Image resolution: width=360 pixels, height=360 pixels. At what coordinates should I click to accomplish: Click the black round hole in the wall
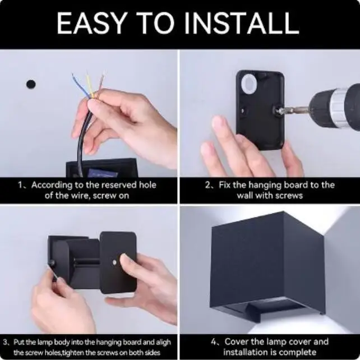point(31,84)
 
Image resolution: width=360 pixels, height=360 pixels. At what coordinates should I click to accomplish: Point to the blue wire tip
point(73,75)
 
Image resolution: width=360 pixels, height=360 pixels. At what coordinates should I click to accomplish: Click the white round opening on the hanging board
point(248,84)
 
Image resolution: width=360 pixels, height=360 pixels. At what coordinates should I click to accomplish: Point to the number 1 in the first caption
point(21,185)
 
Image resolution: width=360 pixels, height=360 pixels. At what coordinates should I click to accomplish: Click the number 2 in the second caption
point(207,185)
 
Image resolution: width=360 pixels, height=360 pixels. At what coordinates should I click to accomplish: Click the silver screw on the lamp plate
point(114,262)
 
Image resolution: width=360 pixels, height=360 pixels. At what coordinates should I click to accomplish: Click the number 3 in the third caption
point(5,342)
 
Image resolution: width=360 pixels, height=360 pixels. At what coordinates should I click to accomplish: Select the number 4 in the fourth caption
point(214,342)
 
